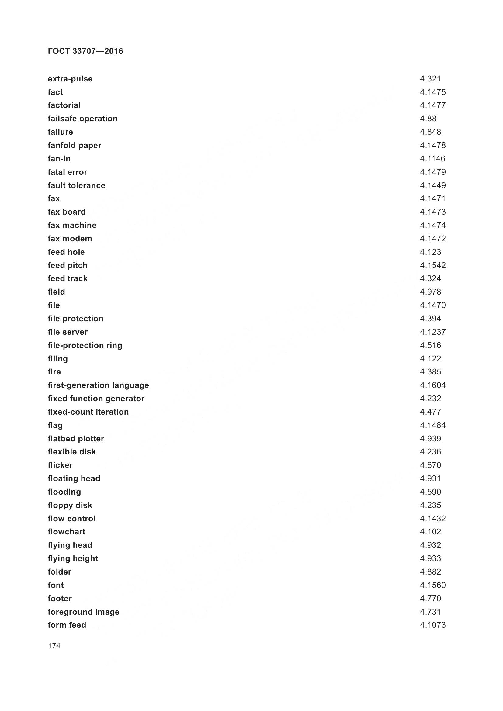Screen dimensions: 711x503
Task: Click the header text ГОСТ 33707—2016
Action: [85, 51]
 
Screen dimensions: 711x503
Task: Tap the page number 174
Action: [54, 646]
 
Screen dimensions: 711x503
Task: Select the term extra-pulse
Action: [70, 79]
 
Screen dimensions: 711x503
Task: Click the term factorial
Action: [64, 105]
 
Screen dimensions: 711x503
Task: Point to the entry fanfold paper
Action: [74, 145]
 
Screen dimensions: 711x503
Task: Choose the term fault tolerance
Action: [77, 185]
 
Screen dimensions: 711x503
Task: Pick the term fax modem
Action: [70, 238]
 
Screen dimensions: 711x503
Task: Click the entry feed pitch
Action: [68, 265]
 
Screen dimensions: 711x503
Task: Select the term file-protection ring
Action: [85, 345]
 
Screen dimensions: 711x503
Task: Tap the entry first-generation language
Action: [98, 385]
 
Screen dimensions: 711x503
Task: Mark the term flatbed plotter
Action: [76, 439]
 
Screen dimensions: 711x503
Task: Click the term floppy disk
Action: [70, 505]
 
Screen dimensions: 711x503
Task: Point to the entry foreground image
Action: [83, 612]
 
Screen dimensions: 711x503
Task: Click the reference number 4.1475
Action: [433, 92]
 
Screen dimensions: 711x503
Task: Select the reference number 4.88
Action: [428, 119]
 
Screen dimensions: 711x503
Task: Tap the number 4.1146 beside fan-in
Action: [433, 159]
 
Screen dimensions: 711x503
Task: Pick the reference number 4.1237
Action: [433, 332]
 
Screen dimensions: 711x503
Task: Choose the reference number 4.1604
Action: [433, 385]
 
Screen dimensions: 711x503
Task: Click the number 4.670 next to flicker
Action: [430, 465]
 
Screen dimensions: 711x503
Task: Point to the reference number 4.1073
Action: [433, 625]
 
